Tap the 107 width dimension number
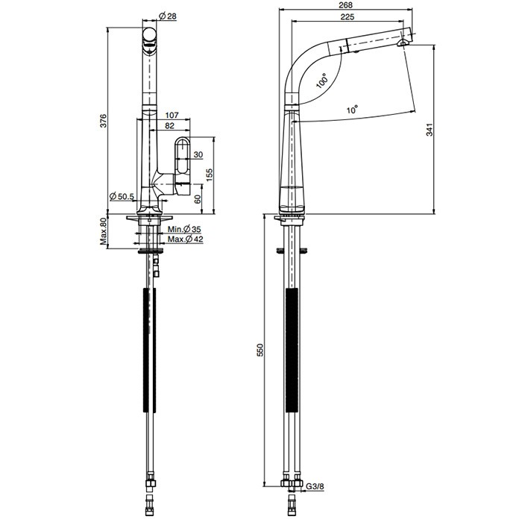170,115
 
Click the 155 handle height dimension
210,174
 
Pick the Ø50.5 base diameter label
122,197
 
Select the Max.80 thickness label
104,232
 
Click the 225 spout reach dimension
346,17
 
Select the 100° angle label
321,81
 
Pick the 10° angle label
351,109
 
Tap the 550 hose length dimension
260,351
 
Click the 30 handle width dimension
198,155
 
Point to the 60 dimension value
198,198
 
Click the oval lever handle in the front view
182,161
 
